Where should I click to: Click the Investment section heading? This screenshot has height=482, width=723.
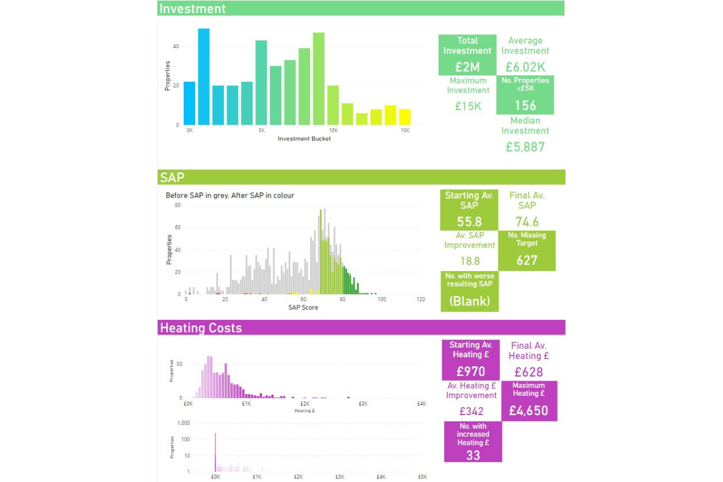[192, 8]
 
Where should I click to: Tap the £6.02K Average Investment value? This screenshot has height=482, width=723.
[525, 67]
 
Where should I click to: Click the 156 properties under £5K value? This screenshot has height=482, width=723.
[525, 105]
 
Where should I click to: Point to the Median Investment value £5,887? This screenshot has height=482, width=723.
[525, 146]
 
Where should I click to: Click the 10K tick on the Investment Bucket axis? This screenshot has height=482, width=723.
[333, 130]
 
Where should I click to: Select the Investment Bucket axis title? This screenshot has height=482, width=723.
[304, 139]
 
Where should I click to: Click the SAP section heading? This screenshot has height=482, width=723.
[172, 177]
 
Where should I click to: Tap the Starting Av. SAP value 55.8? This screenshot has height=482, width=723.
[469, 221]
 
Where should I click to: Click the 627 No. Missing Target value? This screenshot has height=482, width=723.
[527, 260]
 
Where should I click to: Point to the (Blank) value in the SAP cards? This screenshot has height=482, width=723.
[469, 301]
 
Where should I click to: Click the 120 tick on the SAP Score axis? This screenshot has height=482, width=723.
[420, 299]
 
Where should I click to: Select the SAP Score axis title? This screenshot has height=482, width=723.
[303, 307]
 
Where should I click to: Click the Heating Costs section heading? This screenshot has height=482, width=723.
[201, 328]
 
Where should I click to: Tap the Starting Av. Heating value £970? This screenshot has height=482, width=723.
[470, 371]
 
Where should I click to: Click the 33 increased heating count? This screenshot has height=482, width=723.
[473, 455]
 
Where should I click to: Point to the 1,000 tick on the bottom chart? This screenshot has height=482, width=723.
[183, 423]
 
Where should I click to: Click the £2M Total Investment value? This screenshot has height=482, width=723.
[468, 67]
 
